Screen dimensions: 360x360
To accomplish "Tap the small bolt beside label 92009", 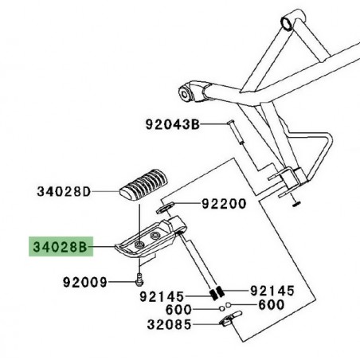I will click(140, 280).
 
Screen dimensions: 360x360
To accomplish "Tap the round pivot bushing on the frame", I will click(191, 93).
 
